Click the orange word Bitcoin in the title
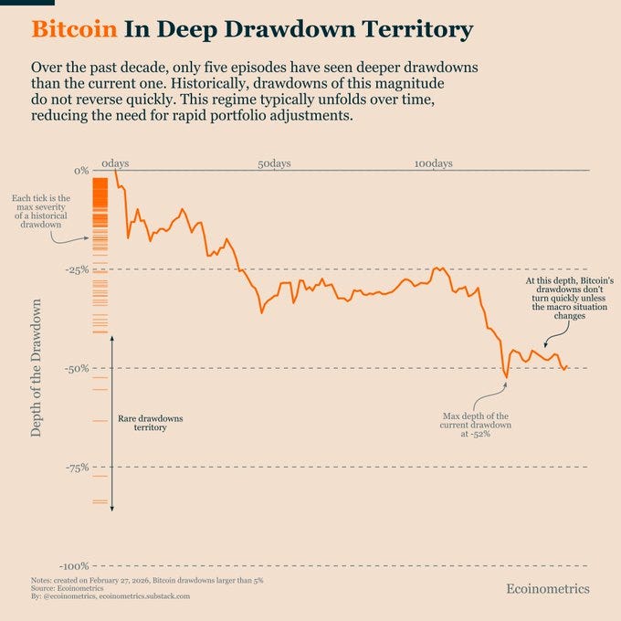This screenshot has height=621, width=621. click(x=75, y=29)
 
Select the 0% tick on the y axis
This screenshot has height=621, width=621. click(x=81, y=171)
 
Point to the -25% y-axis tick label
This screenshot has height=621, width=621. click(x=77, y=269)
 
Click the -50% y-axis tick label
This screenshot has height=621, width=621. click(x=77, y=369)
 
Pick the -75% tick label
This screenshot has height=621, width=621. click(x=78, y=468)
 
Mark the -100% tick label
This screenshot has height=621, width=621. click(x=75, y=566)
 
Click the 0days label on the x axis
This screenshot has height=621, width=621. click(x=115, y=163)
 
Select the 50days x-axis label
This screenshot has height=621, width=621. click(x=274, y=163)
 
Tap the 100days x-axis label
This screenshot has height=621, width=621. click(x=434, y=163)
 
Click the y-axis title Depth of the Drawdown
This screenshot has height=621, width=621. click(x=36, y=368)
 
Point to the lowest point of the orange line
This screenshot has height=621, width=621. click(x=506, y=378)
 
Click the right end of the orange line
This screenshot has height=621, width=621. click(x=567, y=366)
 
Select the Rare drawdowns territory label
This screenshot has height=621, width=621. click(x=151, y=423)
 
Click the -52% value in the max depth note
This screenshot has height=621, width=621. click(x=480, y=434)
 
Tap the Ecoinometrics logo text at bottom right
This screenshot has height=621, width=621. click(x=548, y=589)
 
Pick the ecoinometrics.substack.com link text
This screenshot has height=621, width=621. click(x=144, y=596)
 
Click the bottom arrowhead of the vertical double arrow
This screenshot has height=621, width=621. click(x=112, y=509)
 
